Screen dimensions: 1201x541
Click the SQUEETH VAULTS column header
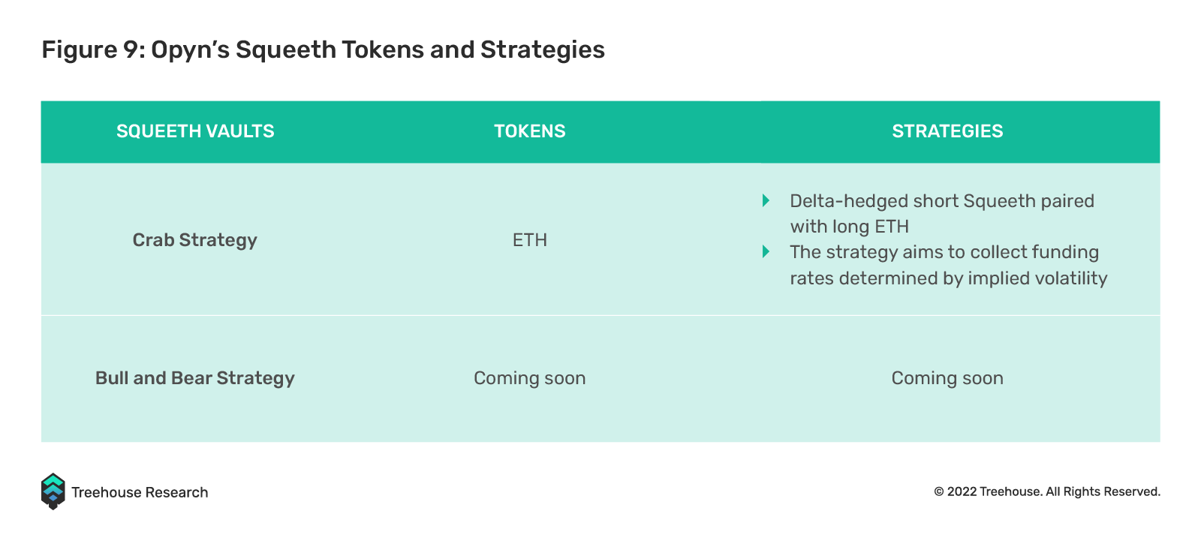pyautogui.click(x=195, y=131)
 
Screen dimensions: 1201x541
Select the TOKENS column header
pyautogui.click(x=530, y=131)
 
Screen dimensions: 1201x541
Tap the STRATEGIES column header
pyautogui.click(x=947, y=131)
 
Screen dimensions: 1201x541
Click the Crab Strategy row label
pyautogui.click(x=194, y=240)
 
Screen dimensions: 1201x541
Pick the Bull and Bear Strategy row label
pyautogui.click(x=195, y=378)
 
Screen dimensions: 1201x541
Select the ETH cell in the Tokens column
pyautogui.click(x=530, y=239)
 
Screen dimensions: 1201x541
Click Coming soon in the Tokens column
pyautogui.click(x=530, y=378)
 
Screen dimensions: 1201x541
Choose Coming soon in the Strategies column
pyautogui.click(x=947, y=378)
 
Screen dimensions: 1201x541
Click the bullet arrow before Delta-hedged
pyautogui.click(x=766, y=200)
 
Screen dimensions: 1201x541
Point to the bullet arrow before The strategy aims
pyautogui.click(x=766, y=251)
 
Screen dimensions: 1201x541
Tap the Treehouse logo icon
pyautogui.click(x=53, y=491)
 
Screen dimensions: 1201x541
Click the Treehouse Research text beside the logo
pyautogui.click(x=140, y=492)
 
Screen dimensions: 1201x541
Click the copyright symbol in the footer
pyautogui.click(x=939, y=491)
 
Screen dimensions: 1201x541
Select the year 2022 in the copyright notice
pyautogui.click(x=962, y=491)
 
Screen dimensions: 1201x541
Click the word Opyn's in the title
pyautogui.click(x=190, y=50)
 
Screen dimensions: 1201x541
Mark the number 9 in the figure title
pyautogui.click(x=131, y=50)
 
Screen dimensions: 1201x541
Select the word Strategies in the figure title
pyautogui.click(x=543, y=50)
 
